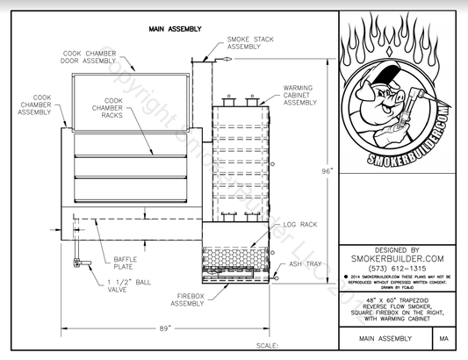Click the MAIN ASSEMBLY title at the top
[x=175, y=28]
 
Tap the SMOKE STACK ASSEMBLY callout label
[x=249, y=43]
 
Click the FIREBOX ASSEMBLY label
[x=188, y=299]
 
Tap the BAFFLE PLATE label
[x=124, y=263]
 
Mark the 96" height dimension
[x=327, y=172]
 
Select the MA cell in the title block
[x=444, y=337]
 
